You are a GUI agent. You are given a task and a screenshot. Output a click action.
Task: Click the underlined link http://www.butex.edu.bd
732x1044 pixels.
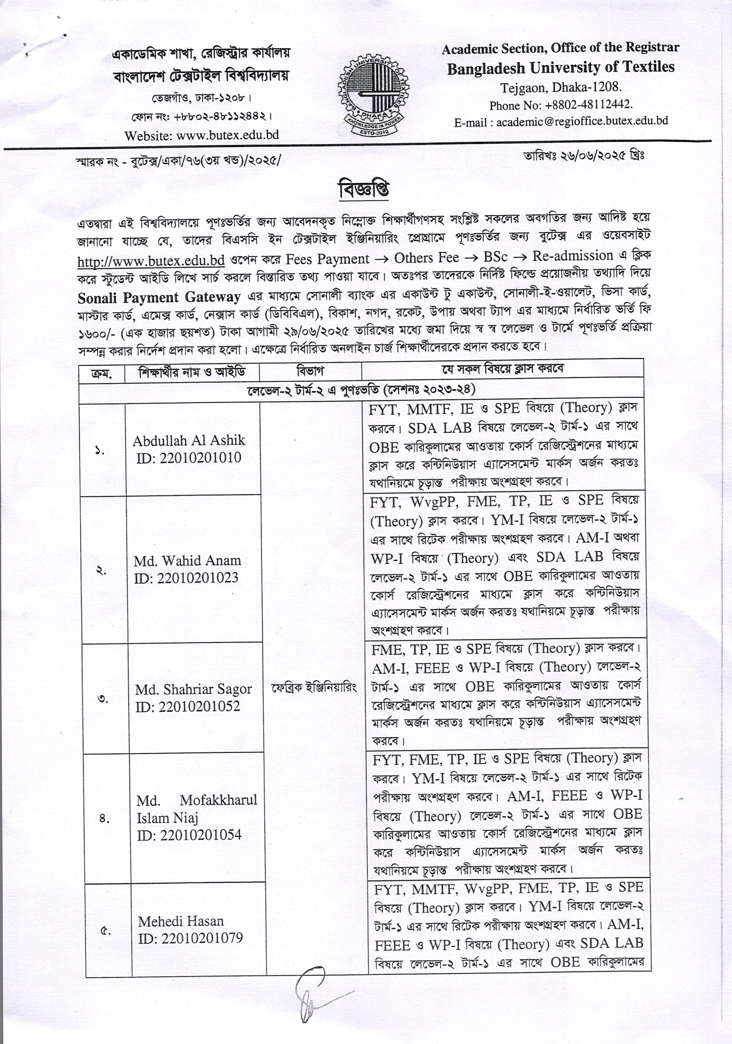tap(151, 261)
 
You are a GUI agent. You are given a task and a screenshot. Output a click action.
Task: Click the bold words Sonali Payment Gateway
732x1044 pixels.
tap(159, 297)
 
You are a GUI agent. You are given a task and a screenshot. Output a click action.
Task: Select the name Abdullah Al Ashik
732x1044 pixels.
tap(189, 440)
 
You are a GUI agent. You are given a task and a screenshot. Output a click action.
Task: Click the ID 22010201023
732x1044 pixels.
tap(198, 577)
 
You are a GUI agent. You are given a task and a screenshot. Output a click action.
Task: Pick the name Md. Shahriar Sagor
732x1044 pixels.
tap(193, 689)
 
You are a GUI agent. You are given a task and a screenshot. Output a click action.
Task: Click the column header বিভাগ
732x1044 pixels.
tap(310, 372)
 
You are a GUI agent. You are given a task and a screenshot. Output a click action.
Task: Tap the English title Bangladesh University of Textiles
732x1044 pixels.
tap(561, 68)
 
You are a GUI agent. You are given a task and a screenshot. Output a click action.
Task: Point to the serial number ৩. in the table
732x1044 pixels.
tap(104, 699)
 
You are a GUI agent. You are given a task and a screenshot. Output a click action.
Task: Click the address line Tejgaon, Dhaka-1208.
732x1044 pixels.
tap(561, 87)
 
